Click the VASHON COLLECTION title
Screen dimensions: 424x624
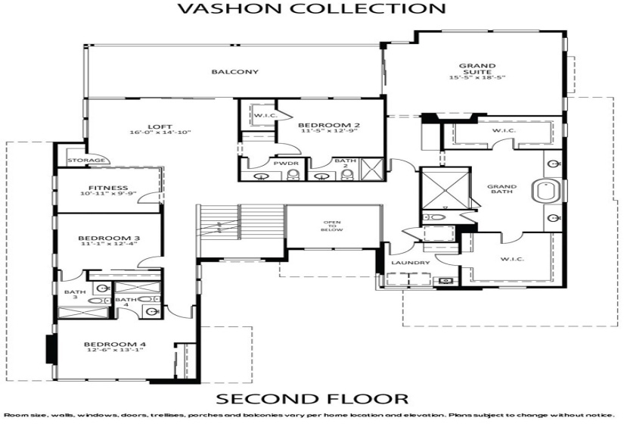311,9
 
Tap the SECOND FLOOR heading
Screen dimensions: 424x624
312,398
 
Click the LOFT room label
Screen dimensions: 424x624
156,126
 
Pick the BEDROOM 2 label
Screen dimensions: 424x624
328,125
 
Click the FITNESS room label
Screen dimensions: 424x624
107,188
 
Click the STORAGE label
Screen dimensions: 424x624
81,161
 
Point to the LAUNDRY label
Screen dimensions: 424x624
411,263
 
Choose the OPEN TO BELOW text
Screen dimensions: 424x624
333,228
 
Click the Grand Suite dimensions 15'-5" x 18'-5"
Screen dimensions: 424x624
477,77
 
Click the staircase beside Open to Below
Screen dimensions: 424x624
238,225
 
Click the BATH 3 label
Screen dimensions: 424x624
74,295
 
